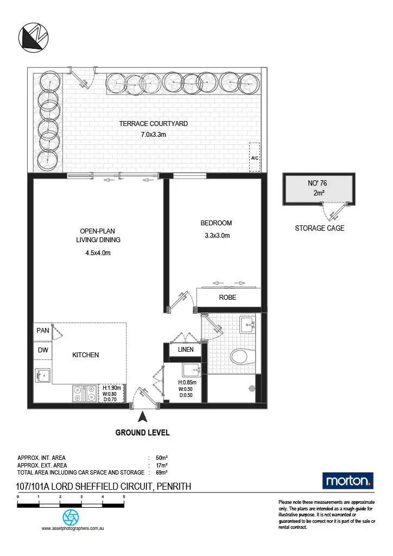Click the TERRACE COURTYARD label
coord(153,124)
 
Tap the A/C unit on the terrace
coord(254,157)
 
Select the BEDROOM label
coord(216,223)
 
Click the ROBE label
coord(227,298)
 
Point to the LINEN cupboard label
coord(185,350)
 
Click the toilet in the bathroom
coord(242,357)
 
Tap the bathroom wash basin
coord(248,326)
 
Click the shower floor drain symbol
coord(251,388)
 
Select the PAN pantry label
coord(42,330)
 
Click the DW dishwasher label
coord(42,350)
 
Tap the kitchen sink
coord(42,375)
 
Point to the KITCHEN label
coord(86,355)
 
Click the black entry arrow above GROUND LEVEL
coord(143,417)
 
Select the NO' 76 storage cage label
coord(318,184)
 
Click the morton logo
coord(348,481)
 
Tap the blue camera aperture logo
coord(71,516)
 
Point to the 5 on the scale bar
coord(124,497)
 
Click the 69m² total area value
coord(161,473)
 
